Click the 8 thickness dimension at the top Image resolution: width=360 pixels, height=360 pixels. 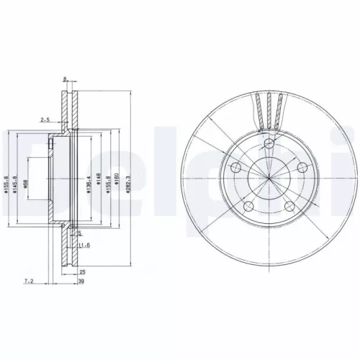[65, 79]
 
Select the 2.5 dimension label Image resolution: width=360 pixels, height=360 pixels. [45, 120]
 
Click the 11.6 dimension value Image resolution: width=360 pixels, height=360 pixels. [85, 246]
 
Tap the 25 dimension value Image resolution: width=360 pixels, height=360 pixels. [83, 271]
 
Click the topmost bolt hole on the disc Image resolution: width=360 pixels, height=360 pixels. [269, 145]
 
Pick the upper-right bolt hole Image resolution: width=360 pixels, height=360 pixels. [302, 168]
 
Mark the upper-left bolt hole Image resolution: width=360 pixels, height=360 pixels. [235, 168]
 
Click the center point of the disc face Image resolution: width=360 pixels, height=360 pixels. [269, 179]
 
